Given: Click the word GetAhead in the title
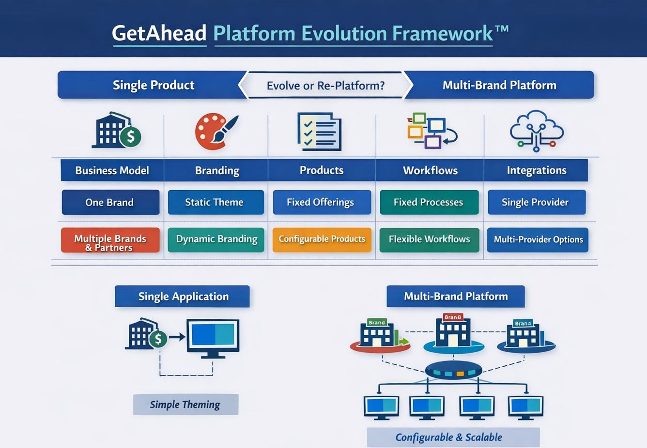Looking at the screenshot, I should (x=159, y=33).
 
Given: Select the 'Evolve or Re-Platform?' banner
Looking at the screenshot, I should (x=325, y=86).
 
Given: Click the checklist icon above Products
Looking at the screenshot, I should (x=319, y=132).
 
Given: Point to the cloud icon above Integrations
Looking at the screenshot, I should (x=537, y=131).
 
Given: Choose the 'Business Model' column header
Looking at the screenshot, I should (x=112, y=170).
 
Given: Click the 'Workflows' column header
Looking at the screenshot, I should (x=430, y=170).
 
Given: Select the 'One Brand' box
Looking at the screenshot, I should (x=110, y=202).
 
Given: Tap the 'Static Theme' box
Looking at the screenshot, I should (x=216, y=202).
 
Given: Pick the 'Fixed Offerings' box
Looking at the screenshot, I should (x=322, y=202).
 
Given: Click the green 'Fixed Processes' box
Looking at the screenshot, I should (x=429, y=202).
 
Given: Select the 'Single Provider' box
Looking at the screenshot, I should (x=536, y=202).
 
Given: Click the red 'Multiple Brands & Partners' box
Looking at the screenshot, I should (x=110, y=240).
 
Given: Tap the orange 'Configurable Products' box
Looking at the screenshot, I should (x=322, y=240).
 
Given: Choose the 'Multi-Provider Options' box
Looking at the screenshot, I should (x=538, y=240).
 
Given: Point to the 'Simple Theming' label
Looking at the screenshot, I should (x=185, y=404).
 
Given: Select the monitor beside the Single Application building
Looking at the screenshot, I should (x=213, y=338).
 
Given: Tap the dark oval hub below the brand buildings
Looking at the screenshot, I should (x=453, y=371).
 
